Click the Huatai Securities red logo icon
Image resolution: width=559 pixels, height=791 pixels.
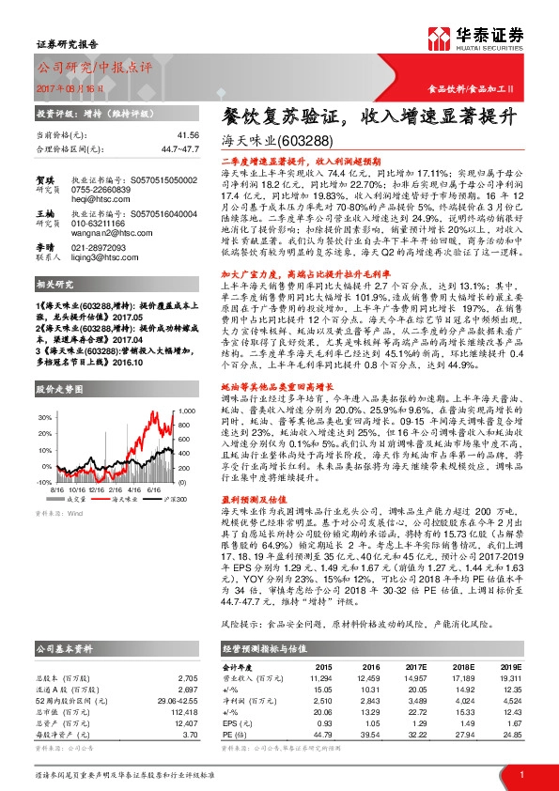click(x=439, y=37)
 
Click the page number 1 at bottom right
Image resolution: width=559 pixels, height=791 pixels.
click(x=520, y=772)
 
